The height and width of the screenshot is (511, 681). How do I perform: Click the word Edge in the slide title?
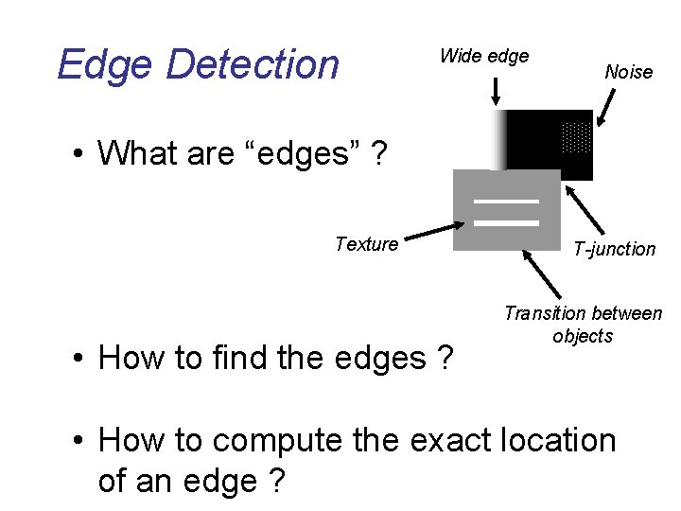[104, 65]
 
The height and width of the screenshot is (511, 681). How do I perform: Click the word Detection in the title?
[252, 65]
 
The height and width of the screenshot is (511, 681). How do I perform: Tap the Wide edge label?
[483, 56]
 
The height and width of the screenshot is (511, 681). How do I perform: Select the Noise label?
[628, 72]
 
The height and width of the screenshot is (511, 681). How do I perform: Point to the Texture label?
[366, 244]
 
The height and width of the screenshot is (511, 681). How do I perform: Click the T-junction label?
[614, 249]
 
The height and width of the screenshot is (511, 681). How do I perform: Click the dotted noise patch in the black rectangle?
[576, 138]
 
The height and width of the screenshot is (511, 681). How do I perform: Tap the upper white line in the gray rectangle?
[506, 202]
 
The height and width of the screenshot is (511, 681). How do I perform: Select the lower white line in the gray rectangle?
[506, 222]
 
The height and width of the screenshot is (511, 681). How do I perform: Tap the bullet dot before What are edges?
[82, 152]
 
